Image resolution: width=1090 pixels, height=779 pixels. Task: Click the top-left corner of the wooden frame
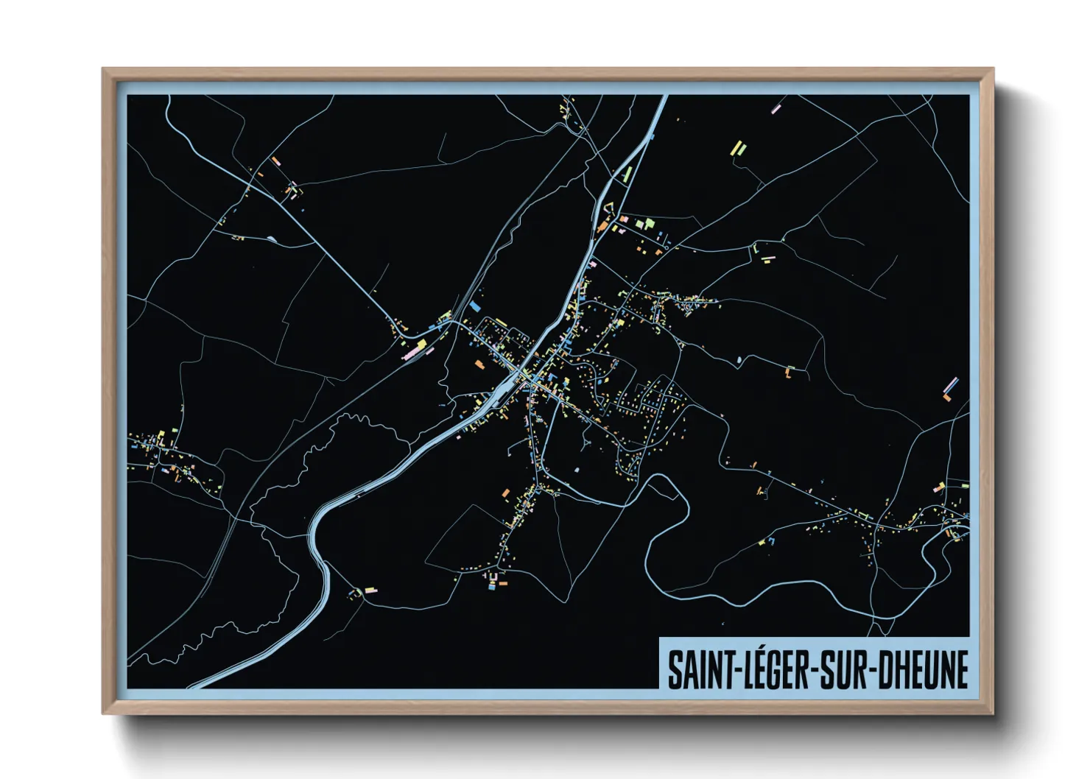point(104,70)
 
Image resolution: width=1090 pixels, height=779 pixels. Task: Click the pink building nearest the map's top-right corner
point(776,109)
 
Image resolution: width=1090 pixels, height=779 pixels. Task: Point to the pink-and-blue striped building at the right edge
point(951,384)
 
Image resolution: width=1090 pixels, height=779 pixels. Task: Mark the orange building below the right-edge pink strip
point(947,398)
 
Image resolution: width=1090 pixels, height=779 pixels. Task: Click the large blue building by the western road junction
point(475,306)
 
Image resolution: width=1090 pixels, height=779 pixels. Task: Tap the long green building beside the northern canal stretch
point(628,174)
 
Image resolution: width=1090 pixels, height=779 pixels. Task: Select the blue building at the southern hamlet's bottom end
point(492,587)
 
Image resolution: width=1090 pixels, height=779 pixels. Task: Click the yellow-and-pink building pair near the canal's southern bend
point(365,590)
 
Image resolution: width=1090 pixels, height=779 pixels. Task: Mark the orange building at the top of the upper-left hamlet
point(275,160)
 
